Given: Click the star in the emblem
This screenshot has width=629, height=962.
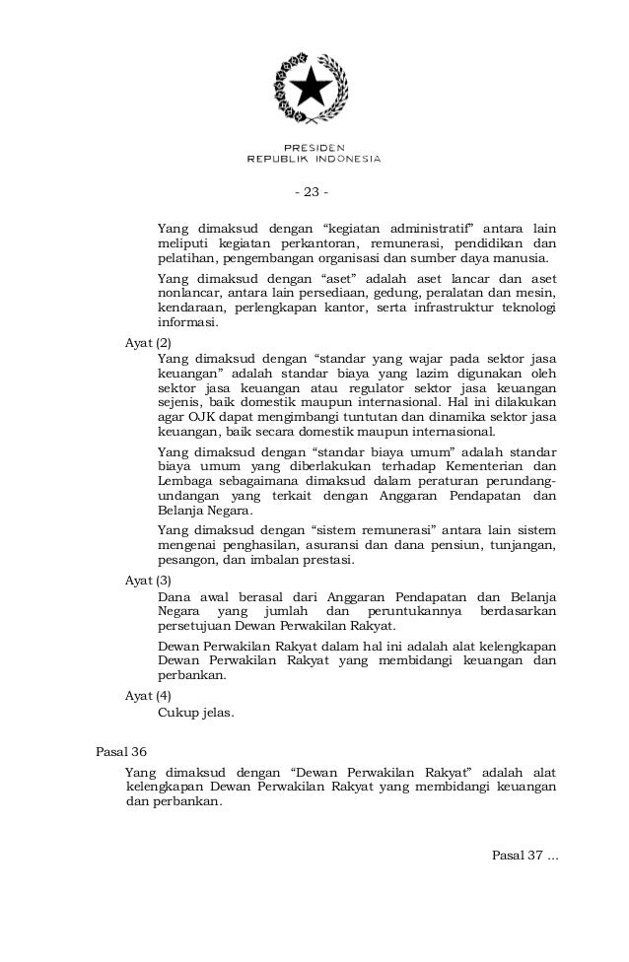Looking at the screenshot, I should pyautogui.click(x=313, y=87).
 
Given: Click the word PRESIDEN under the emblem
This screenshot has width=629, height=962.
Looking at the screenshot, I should pyautogui.click(x=313, y=146).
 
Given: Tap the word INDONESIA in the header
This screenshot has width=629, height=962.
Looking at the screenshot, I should pyautogui.click(x=342, y=158).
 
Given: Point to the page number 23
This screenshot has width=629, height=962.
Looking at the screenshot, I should pyautogui.click(x=313, y=191).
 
